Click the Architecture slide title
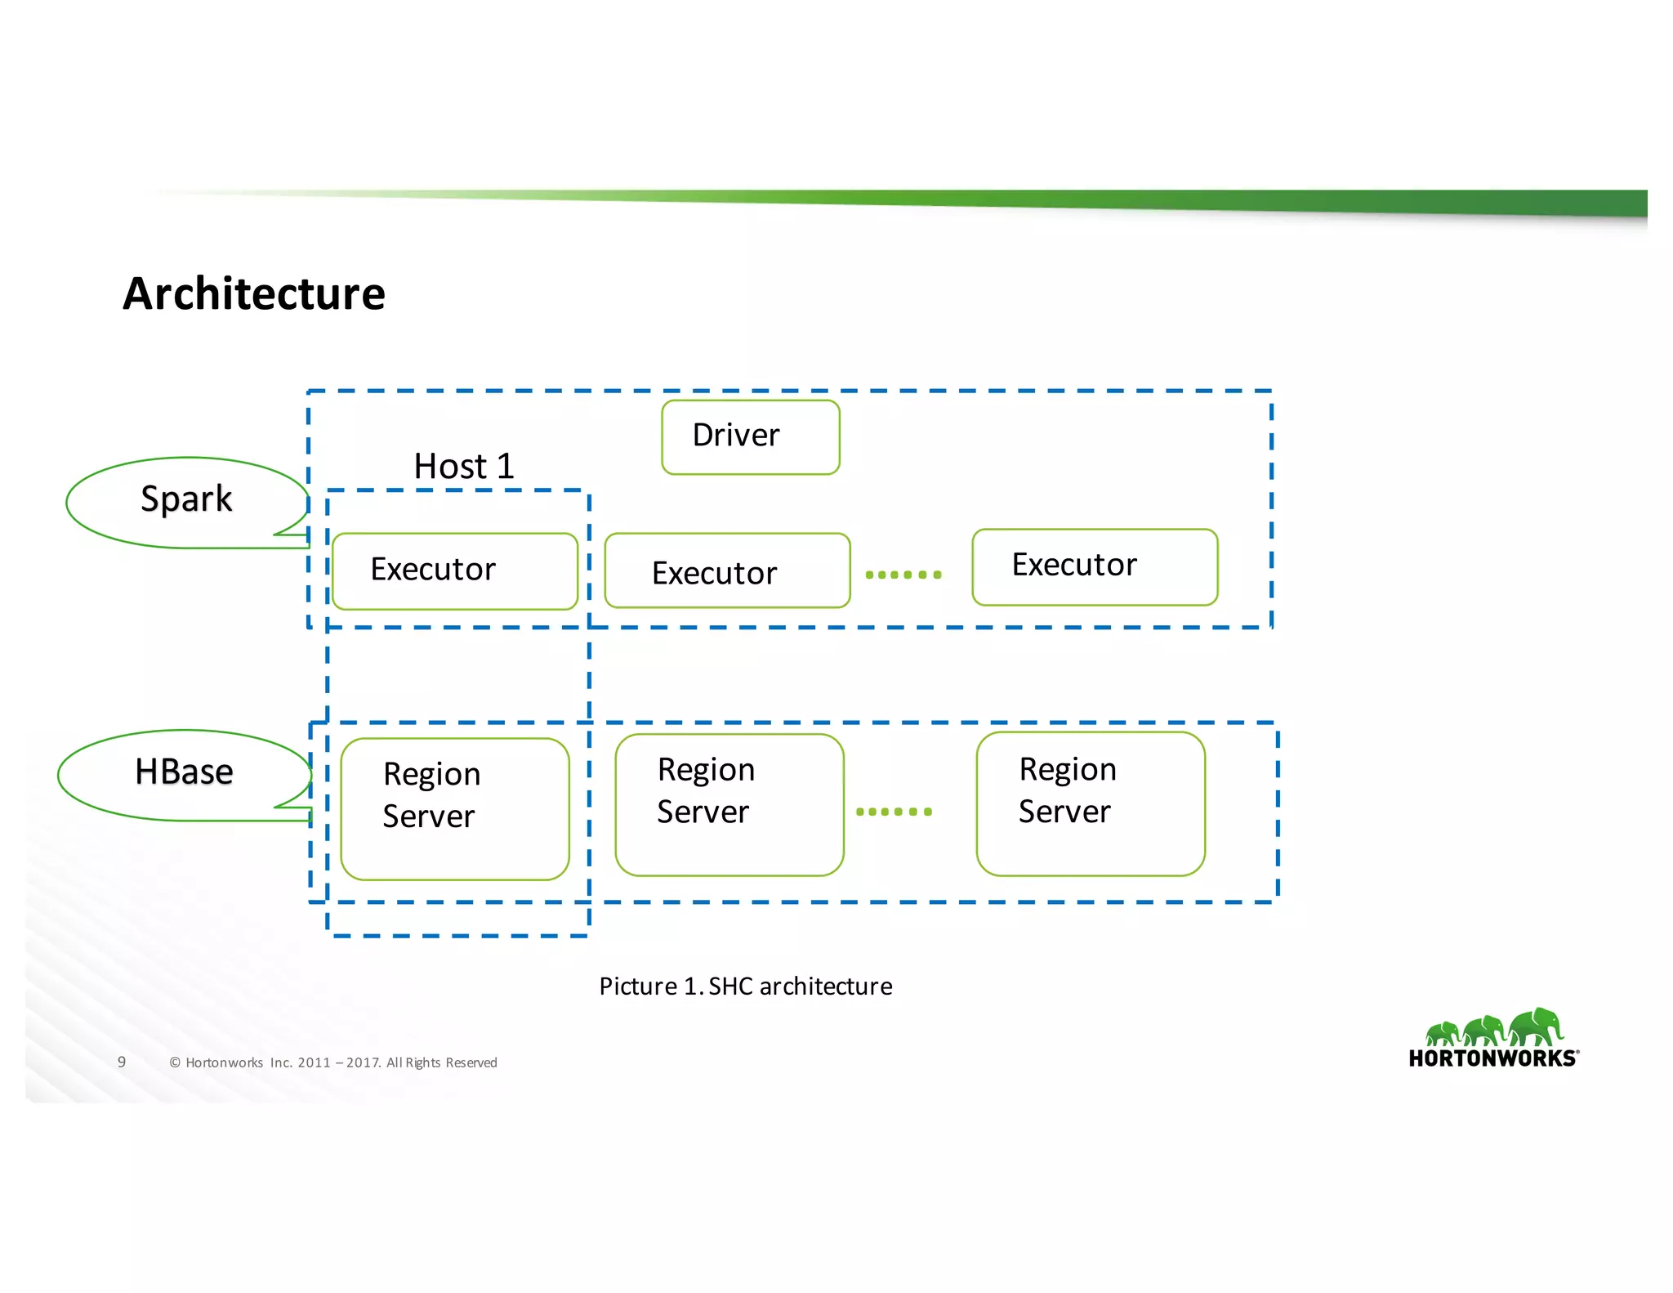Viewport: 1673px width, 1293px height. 254,294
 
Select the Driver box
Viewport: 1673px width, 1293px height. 750,436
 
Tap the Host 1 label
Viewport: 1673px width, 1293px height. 464,467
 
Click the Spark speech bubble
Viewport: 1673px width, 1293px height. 186,500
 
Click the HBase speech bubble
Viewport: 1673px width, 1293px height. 184,772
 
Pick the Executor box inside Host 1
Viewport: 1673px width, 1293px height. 455,570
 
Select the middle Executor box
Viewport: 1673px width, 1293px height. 727,571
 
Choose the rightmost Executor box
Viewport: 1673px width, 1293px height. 1094,566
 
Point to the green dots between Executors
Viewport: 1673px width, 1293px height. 903,575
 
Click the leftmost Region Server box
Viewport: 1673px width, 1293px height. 455,808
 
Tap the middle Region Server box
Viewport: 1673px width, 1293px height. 729,804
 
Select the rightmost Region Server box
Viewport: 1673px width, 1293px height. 1090,803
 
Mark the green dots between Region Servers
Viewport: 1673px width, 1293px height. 894,812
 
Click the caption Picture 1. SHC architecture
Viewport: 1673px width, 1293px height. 745,987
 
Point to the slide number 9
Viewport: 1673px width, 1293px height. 122,1062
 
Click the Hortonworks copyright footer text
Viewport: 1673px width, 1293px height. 333,1063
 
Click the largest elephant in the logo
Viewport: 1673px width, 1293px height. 1537,1027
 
